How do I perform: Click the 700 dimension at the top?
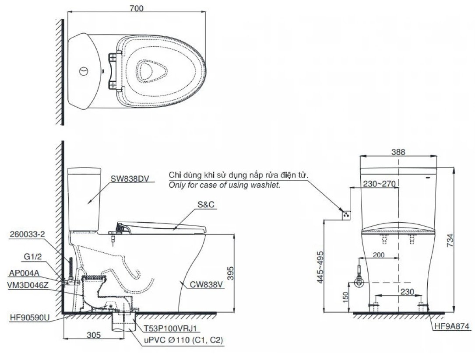point(137,8)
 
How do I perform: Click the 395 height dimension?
point(242,272)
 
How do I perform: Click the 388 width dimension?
point(398,152)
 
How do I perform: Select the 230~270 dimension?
point(379,185)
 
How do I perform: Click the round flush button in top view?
point(84,70)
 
